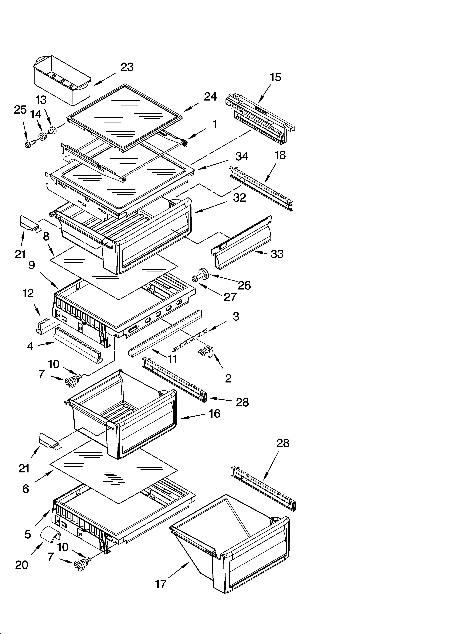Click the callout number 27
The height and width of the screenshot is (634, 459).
point(230,297)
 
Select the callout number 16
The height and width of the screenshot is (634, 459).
point(214,413)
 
